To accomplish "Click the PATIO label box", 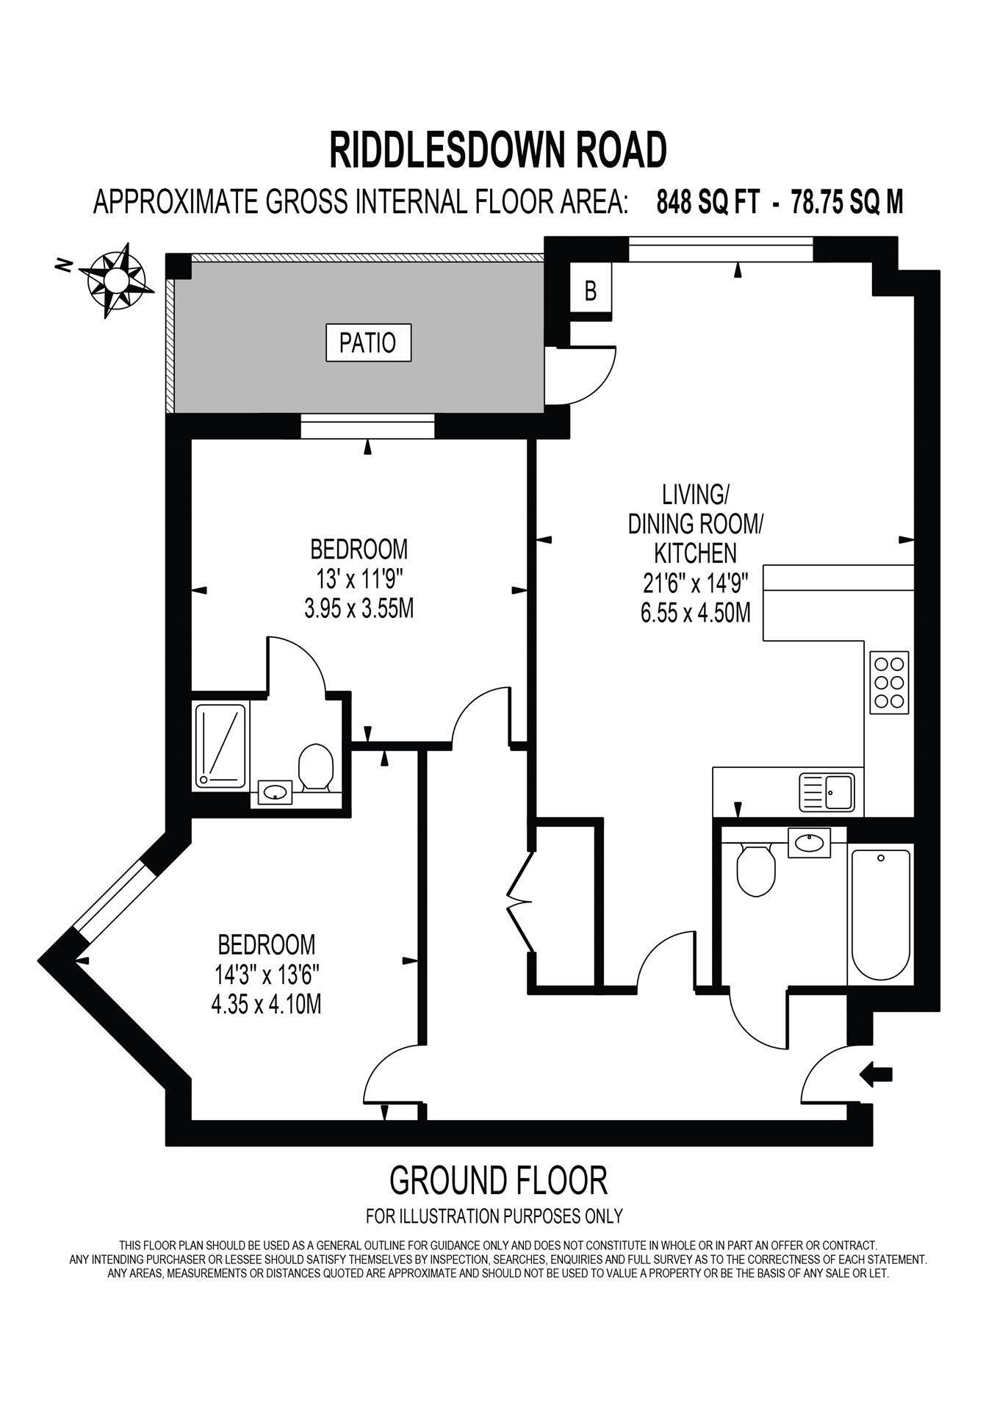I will point(368,342).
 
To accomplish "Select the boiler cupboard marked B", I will point(591,291).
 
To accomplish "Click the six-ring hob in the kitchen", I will point(889,682).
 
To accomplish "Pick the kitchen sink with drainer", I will point(827,792).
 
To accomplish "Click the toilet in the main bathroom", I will point(756,870).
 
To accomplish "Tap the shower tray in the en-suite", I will point(220,746).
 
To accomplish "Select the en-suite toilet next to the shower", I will point(317,767).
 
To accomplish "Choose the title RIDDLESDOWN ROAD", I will point(497,150).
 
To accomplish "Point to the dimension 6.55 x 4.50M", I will point(695,612).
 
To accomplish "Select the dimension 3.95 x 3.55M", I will point(359,608).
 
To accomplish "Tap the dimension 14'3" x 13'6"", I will point(267,974).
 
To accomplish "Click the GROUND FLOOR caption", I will point(498,1181).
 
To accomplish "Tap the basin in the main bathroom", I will point(809,842).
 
